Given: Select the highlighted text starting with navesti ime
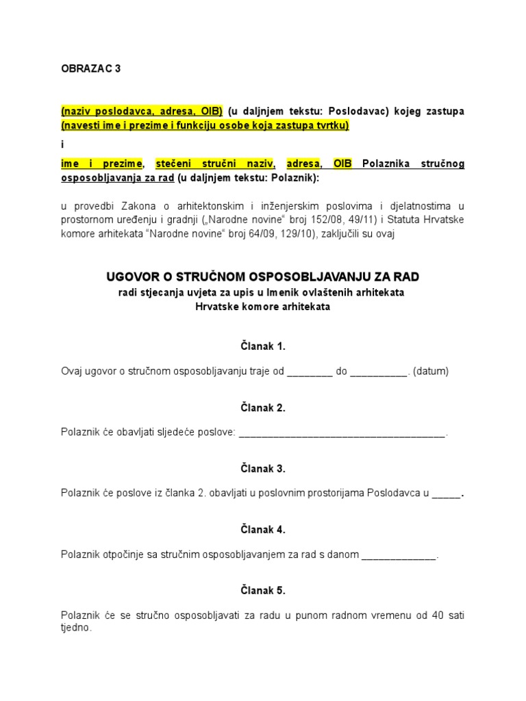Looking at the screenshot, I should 205,125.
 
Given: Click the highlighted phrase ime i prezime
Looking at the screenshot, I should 102,164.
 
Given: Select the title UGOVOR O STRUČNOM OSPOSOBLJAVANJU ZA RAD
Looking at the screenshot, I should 262,277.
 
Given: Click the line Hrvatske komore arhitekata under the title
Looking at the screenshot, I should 262,307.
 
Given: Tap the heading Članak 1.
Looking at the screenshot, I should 262,346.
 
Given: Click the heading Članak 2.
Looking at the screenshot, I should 262,407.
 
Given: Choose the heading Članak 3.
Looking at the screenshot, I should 262,469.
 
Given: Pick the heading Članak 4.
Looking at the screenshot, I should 262,529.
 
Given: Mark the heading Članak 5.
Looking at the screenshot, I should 262,590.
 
